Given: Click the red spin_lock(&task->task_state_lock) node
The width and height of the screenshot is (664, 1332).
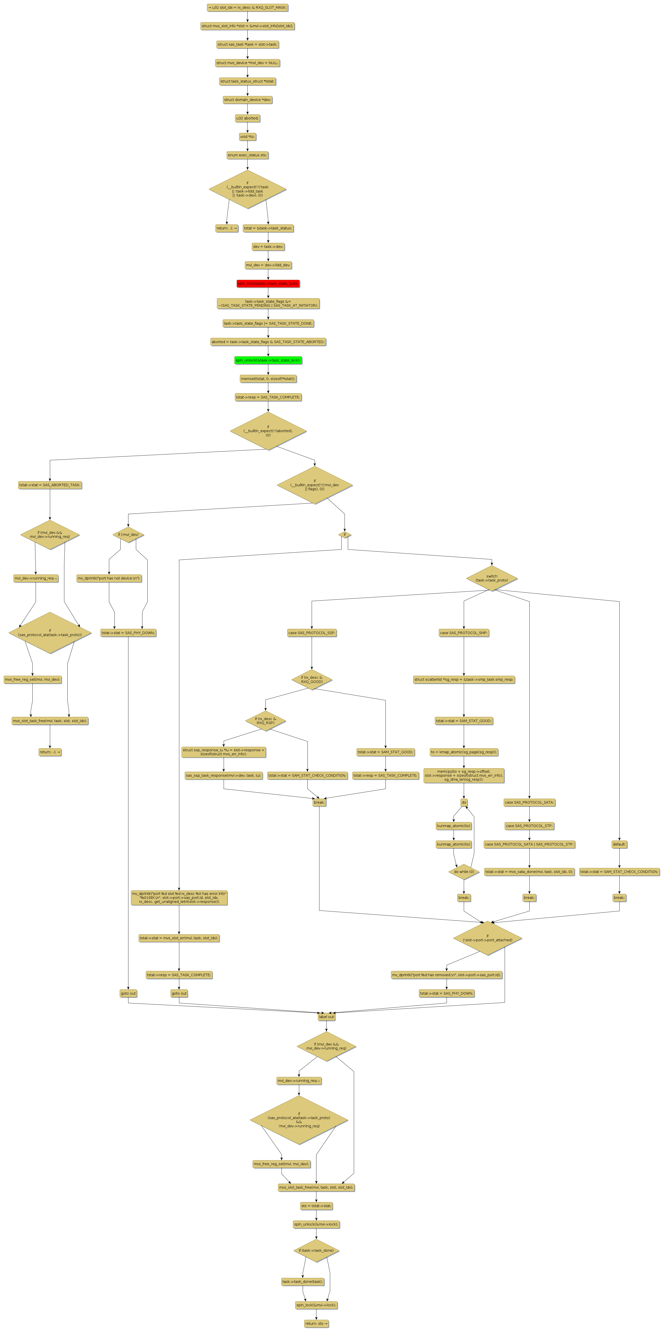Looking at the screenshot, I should [268, 284].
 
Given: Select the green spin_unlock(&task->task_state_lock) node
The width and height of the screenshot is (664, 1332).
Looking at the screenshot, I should [268, 360].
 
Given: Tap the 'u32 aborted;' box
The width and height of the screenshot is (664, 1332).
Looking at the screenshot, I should [247, 118].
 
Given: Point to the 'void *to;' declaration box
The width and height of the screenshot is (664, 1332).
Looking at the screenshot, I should [247, 137].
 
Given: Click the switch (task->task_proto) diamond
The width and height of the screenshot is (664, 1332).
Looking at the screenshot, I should [491, 578].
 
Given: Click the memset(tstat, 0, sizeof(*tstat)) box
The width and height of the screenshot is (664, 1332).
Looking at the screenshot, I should [268, 379].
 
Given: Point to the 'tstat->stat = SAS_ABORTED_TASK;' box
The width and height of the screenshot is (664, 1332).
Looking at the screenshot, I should [50, 485].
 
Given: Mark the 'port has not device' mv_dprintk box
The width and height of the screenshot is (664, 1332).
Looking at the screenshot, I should [109, 578].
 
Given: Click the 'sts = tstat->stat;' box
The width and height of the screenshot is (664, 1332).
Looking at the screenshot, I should [316, 1206].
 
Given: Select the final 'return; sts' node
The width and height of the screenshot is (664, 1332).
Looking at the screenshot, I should [316, 1324].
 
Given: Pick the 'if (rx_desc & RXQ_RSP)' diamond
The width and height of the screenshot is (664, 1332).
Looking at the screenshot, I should [265, 721].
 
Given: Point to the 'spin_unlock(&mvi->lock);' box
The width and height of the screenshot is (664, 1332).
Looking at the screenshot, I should [316, 1225].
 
